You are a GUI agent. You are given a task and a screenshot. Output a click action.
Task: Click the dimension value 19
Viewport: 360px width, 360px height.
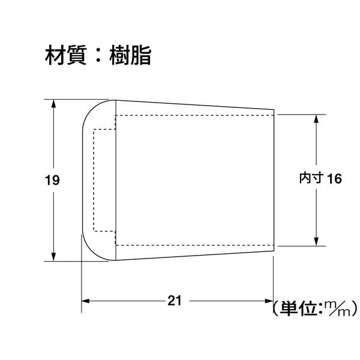pyautogui.click(x=52, y=180)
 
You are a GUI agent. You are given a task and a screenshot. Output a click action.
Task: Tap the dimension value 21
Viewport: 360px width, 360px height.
pyautogui.click(x=175, y=301)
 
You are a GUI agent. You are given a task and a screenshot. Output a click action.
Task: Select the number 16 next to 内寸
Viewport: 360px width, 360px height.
pyautogui.click(x=334, y=179)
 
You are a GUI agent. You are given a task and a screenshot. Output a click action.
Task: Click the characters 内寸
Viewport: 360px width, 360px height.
pyautogui.click(x=311, y=178)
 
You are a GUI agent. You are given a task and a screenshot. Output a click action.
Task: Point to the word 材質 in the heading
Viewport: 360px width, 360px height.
pyautogui.click(x=66, y=55)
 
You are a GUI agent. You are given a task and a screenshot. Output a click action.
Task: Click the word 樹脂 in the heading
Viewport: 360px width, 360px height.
pyautogui.click(x=130, y=55)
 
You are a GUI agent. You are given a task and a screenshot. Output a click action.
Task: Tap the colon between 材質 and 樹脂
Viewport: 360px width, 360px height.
pyautogui.click(x=98, y=56)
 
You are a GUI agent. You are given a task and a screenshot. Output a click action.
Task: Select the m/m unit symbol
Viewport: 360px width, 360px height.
pyautogui.click(x=337, y=308)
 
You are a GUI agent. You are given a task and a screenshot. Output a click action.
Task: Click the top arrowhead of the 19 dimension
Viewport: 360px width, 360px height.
pyautogui.click(x=53, y=104)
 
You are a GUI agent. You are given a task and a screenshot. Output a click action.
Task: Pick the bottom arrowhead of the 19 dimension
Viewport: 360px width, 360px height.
pyautogui.click(x=53, y=256)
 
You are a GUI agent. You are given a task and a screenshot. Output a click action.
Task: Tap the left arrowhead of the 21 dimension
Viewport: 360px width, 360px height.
pyautogui.click(x=86, y=301)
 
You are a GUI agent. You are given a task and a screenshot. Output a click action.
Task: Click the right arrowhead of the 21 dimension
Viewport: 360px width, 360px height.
pyautogui.click(x=269, y=301)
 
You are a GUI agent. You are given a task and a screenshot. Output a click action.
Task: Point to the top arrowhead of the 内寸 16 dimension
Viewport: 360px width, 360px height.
pyautogui.click(x=316, y=119)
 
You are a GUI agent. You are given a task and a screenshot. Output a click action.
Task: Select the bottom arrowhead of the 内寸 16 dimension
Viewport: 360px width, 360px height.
pyautogui.click(x=316, y=242)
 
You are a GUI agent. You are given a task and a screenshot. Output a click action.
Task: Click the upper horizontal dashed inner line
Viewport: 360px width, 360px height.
pyautogui.click(x=194, y=115)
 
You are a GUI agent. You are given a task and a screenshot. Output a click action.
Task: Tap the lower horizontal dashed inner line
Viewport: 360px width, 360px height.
pyautogui.click(x=194, y=245)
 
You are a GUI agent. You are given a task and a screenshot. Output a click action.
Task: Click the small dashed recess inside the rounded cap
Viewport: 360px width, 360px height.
pyautogui.click(x=104, y=180)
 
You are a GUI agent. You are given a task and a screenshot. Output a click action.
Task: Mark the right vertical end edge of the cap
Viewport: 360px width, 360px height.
pyautogui.click(x=274, y=180)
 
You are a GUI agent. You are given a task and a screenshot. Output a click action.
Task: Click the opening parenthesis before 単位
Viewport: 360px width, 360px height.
pyautogui.click(x=275, y=308)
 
